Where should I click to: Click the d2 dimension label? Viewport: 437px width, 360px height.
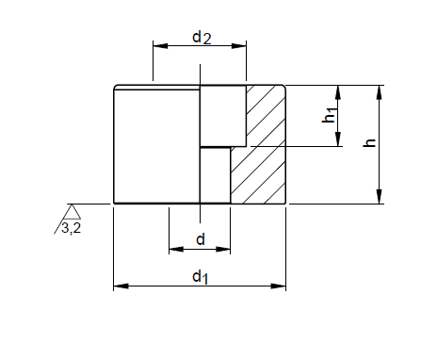click(x=202, y=38)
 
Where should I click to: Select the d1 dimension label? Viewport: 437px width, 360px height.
click(x=201, y=277)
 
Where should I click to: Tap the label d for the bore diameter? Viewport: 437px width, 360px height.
click(x=201, y=239)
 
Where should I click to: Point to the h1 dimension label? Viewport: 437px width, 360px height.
click(x=330, y=115)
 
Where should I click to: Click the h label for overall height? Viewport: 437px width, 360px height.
click(x=369, y=143)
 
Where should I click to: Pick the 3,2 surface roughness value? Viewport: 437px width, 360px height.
click(x=72, y=227)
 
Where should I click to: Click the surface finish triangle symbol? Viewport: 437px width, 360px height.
click(x=72, y=212)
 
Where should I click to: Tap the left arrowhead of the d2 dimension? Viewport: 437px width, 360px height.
click(x=160, y=46)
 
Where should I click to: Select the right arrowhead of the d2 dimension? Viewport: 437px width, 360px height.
click(x=239, y=46)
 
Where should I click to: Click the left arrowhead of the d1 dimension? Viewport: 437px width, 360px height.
click(x=121, y=286)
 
